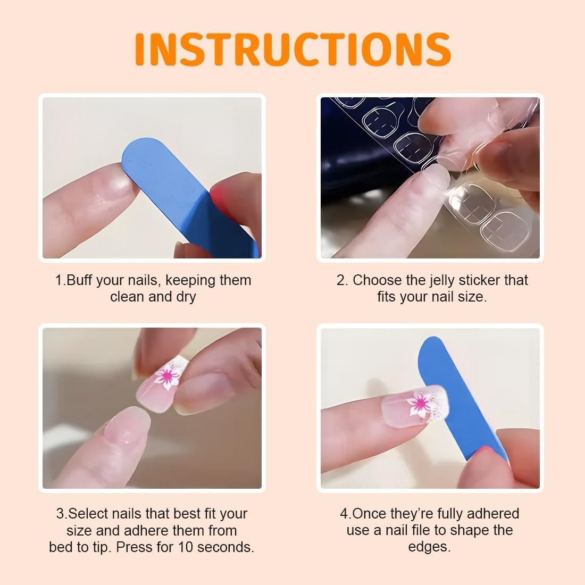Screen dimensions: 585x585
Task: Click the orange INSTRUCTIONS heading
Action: point(292,49)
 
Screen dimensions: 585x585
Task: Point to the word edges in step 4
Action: point(429,547)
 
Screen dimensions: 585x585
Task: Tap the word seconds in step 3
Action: point(225,547)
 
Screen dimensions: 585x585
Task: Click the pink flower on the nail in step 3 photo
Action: point(168,375)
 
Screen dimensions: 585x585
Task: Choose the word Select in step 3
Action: point(88,514)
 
